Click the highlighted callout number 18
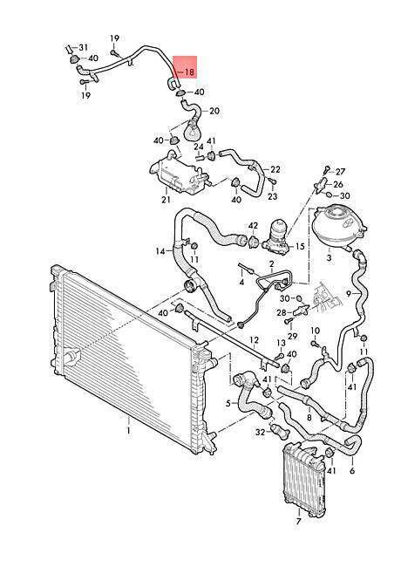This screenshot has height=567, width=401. click(x=190, y=72)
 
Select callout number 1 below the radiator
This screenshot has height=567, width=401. click(x=128, y=431)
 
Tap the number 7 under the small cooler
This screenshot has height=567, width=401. click(x=298, y=522)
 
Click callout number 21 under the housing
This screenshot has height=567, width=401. click(x=166, y=199)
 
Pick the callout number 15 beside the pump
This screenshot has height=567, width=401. click(x=300, y=247)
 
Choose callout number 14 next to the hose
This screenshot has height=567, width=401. click(x=160, y=251)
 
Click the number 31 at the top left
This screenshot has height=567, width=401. click(x=84, y=47)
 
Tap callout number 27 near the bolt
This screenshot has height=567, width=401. click(x=340, y=171)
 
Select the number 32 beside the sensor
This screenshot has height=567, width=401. click(x=260, y=432)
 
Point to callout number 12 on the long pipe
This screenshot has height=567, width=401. click(x=255, y=340)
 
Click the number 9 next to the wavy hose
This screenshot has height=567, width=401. click(x=348, y=294)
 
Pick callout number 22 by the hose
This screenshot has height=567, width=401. click(x=275, y=169)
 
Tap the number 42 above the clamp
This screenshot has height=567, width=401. click(x=254, y=226)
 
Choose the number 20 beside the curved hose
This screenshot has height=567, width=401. click(x=214, y=111)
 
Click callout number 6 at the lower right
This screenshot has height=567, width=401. click(x=352, y=470)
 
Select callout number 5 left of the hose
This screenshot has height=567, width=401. click(x=228, y=403)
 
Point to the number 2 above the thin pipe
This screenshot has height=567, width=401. click(x=271, y=264)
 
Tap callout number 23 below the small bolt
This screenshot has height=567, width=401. click(x=272, y=196)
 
